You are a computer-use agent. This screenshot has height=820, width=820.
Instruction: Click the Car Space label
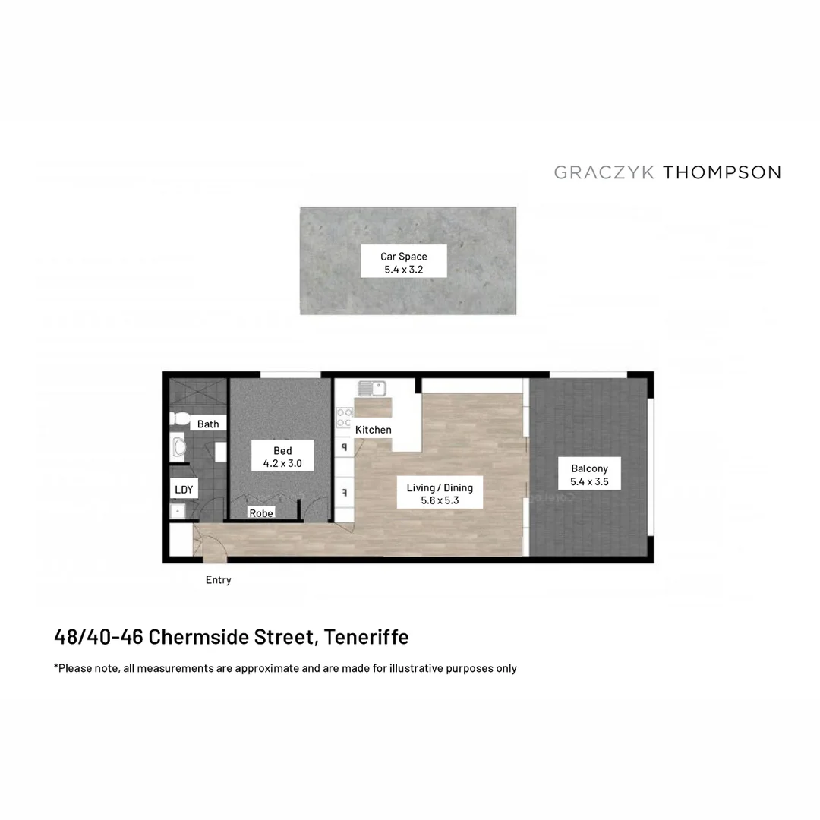403,263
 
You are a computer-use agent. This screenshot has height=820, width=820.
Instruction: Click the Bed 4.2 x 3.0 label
282,457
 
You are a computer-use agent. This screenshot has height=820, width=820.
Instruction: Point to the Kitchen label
374,430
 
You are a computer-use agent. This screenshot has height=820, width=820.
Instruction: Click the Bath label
207,424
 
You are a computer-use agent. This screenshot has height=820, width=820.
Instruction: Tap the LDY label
184,490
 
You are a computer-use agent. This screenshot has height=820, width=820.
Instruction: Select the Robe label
261,513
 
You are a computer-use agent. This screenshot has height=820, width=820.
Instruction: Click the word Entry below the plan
218,580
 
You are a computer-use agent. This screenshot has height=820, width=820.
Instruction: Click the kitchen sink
373,389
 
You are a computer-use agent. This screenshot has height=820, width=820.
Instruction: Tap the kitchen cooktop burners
344,418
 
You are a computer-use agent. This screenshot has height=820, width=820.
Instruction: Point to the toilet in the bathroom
181,418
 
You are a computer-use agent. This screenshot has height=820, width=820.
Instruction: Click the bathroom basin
179,448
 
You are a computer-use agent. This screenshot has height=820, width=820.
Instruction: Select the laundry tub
178,512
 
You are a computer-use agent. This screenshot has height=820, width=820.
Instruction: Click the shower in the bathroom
197,395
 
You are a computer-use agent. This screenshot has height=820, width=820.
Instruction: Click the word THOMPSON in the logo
722,172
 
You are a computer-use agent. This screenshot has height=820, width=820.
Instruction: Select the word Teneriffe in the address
366,637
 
